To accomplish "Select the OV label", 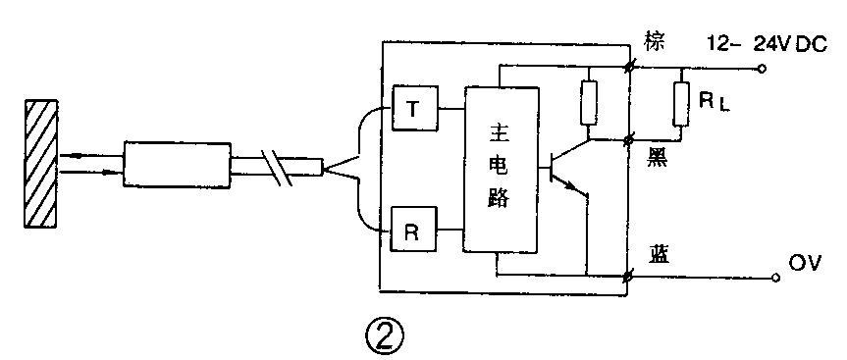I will [x=804, y=263].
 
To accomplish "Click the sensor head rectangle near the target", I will [x=177, y=163].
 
